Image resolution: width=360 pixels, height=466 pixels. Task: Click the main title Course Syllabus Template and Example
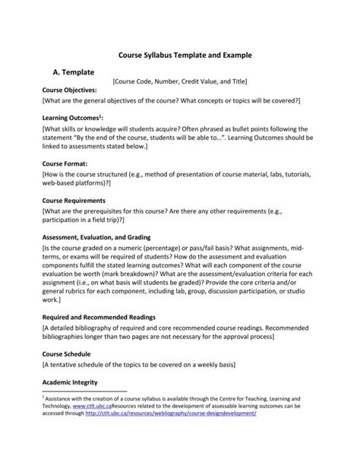179,55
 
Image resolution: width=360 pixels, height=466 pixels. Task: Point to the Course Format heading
65,163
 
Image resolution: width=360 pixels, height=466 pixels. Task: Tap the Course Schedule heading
67,353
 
